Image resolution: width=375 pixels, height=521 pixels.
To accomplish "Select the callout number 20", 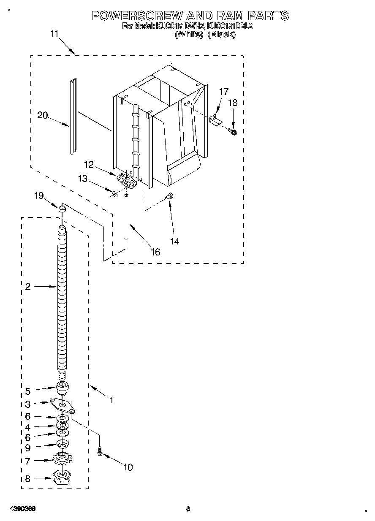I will (43, 115).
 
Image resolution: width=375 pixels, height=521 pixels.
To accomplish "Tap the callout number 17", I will (223, 91).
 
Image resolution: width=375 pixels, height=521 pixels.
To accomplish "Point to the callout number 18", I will (233, 103).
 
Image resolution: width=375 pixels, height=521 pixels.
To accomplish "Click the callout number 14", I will (174, 241).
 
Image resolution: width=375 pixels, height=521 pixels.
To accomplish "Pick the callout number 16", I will (155, 252).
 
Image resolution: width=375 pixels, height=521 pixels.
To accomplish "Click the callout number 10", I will (128, 467).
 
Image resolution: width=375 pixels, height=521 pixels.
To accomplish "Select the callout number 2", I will (28, 287).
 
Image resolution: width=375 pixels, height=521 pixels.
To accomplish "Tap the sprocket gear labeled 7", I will (62, 459).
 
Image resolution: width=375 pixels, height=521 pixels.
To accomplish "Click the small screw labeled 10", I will (101, 451).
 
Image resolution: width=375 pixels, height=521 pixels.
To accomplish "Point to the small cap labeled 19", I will (62, 209).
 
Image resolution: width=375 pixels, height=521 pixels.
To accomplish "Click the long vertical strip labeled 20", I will (73, 116).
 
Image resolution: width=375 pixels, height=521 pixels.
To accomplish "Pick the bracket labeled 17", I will (216, 119).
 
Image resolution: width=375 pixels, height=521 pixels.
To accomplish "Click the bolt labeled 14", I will (170, 195).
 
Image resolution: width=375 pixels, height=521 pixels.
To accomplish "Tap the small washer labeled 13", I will (115, 193).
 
